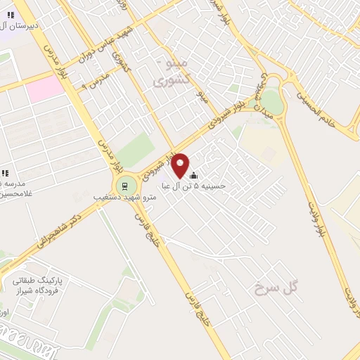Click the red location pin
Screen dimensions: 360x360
click(180, 165)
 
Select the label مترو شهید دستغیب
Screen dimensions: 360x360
click(124, 198)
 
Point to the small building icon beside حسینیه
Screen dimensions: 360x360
click(193, 176)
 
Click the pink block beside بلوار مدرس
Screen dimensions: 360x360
click(46, 87)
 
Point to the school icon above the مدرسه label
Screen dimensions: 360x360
click(5, 172)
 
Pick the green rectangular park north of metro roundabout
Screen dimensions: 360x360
click(135, 150)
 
